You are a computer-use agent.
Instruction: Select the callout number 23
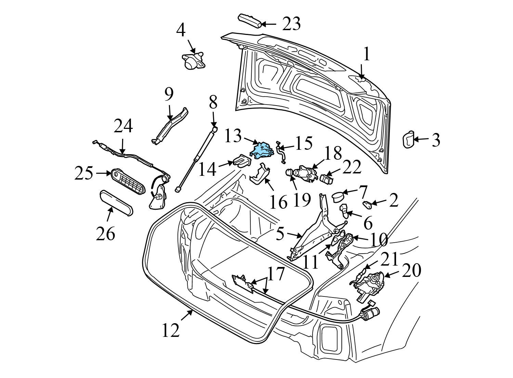click(x=291, y=24)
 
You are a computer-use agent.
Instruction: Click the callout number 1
click(x=366, y=54)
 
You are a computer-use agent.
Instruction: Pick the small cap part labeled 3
click(x=408, y=140)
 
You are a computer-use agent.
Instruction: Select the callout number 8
click(x=213, y=102)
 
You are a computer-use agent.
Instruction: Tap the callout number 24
click(x=123, y=126)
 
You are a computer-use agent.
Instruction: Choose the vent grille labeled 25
click(x=128, y=182)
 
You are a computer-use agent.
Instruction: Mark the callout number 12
click(x=170, y=330)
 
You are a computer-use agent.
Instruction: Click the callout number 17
click(x=276, y=274)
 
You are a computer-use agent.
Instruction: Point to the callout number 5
click(x=280, y=234)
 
